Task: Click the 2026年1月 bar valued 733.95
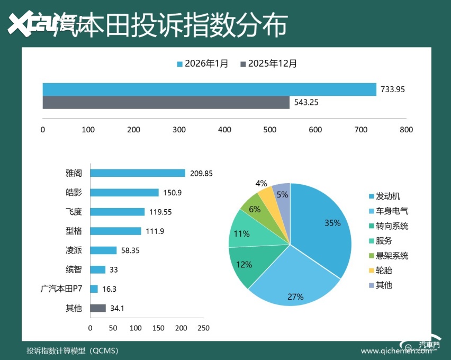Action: [209, 89]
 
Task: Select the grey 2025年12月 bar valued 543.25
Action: [166, 102]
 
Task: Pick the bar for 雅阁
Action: [138, 173]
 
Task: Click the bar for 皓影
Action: [124, 193]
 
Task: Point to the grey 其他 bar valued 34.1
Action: [98, 308]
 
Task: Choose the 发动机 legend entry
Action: [387, 196]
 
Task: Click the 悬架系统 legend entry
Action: [391, 256]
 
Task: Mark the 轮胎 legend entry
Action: [384, 271]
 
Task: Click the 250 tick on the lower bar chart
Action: [203, 328]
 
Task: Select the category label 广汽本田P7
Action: [61, 289]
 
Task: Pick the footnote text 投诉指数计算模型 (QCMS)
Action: [73, 350]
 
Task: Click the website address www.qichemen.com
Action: [392, 351]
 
